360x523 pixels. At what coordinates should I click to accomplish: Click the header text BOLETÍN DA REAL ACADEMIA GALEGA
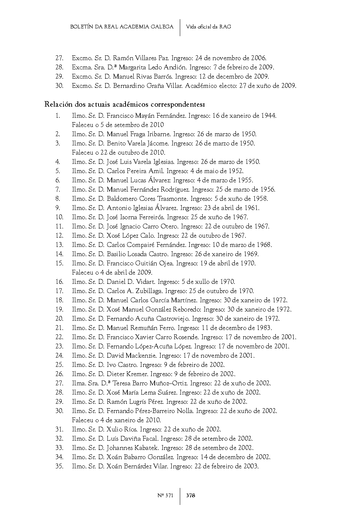click(x=121, y=27)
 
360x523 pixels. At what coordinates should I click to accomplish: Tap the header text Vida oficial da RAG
click(x=209, y=27)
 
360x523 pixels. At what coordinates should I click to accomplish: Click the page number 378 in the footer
click(x=191, y=495)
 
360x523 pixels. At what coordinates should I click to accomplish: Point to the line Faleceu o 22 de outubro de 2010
click(x=119, y=152)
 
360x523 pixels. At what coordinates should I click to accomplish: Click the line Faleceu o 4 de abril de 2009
click(x=112, y=272)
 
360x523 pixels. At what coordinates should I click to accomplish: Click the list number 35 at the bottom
click(x=59, y=466)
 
